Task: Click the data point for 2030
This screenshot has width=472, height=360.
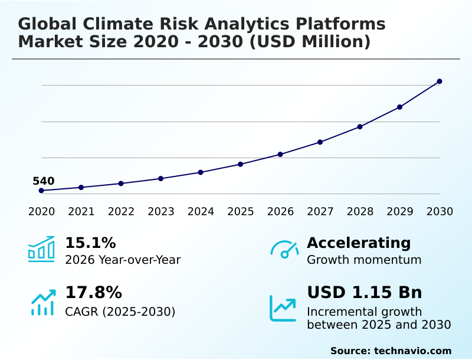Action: coord(440,81)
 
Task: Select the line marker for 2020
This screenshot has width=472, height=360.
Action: coord(41,191)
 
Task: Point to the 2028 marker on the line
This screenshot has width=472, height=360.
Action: coord(360,127)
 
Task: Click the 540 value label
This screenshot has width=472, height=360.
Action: coord(43,181)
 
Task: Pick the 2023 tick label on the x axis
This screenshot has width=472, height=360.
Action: coord(161,212)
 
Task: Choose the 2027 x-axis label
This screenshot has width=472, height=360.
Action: coord(320,212)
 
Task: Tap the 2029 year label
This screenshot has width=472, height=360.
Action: coord(399,212)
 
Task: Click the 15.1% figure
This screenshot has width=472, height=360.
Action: coord(90,243)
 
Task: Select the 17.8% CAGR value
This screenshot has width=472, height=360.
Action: coord(93,293)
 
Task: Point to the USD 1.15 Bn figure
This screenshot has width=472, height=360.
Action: coord(365,293)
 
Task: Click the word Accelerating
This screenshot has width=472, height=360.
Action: coord(359,243)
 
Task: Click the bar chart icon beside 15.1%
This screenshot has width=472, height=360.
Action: coord(41,249)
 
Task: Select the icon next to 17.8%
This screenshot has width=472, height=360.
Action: coord(42,302)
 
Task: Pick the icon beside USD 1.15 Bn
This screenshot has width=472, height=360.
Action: coord(283,307)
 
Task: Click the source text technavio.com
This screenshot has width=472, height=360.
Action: coord(412,351)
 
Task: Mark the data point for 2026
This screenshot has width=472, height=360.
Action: coord(280,155)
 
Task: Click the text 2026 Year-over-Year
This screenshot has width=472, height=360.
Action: coord(123,260)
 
